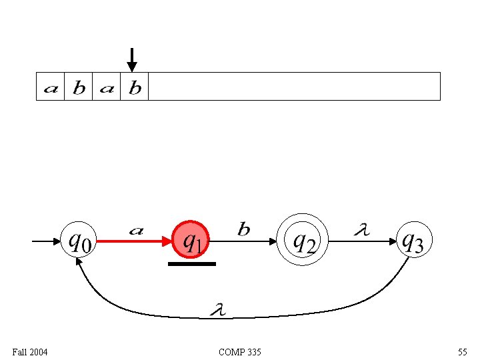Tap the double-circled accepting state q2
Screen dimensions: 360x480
[304, 241]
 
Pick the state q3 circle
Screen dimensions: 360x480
[411, 241]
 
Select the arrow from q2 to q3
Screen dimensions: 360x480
[363, 241]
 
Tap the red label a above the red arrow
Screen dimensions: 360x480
[135, 231]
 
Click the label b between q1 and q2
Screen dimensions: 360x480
[244, 230]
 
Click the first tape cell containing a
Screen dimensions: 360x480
[51, 87]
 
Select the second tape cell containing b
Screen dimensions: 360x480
[79, 87]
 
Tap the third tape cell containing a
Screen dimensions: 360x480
[107, 87]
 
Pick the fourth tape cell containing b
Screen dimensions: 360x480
[135, 87]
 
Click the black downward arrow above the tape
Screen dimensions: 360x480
[132, 59]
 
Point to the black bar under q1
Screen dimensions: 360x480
[192, 264]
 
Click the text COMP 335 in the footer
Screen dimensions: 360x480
[240, 351]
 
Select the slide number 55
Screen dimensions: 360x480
[462, 351]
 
